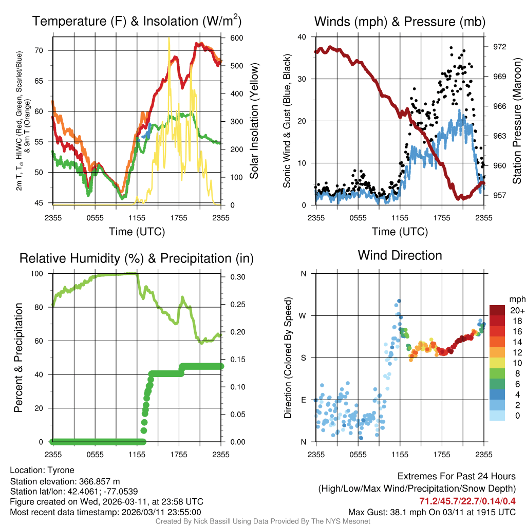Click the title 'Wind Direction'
click(x=400, y=255)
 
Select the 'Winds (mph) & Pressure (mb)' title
click(x=400, y=22)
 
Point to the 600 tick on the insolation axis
click(x=237, y=38)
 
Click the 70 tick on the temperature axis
click(x=43, y=50)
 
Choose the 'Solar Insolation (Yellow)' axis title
click(x=254, y=121)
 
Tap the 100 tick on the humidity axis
click(x=41, y=274)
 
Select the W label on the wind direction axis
click(x=303, y=315)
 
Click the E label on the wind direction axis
click(x=303, y=400)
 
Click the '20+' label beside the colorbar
click(x=517, y=311)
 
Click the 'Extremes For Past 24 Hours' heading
click(x=457, y=477)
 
